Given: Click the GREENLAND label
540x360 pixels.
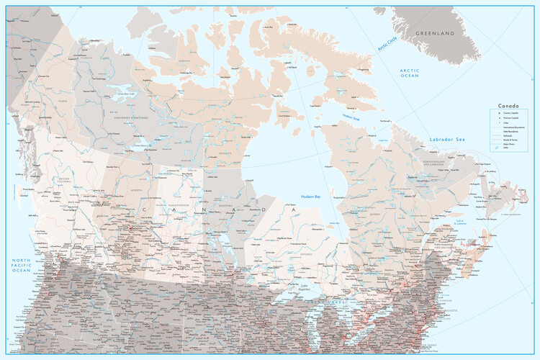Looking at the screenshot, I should [438, 33].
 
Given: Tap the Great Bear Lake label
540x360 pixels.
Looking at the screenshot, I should [120, 93].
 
